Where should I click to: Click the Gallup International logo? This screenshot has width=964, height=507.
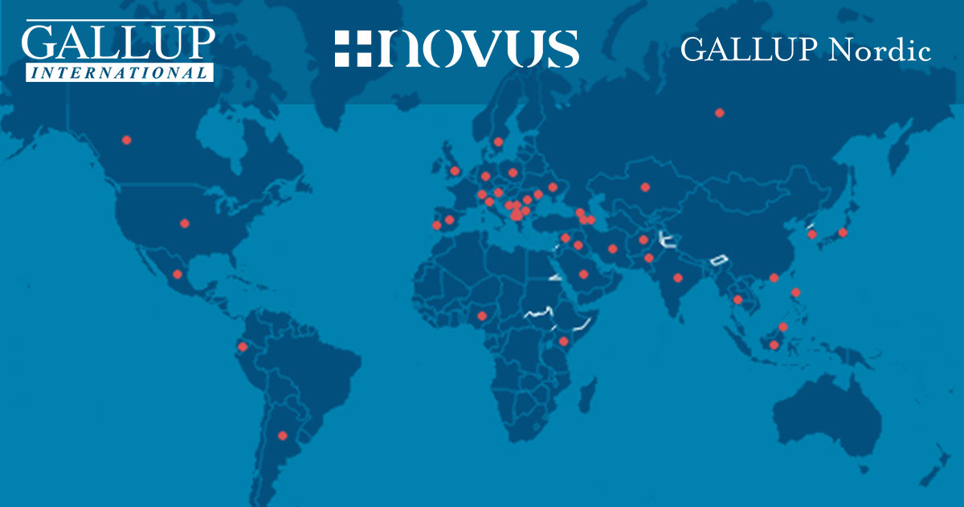(x=118, y=51)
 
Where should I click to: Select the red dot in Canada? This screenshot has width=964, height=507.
(x=126, y=140)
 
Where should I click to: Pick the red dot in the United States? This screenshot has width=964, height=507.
(x=185, y=223)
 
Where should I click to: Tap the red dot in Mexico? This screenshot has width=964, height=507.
(x=177, y=274)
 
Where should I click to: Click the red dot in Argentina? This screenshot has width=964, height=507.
(x=282, y=435)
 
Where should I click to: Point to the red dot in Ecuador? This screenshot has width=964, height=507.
(x=243, y=347)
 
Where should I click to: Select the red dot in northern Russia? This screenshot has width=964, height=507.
(x=720, y=112)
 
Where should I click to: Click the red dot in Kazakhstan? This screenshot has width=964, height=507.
(x=645, y=187)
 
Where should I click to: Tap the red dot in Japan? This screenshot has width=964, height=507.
(x=843, y=232)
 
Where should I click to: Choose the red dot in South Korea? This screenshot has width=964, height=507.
(x=812, y=234)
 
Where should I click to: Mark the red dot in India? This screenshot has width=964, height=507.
(x=678, y=277)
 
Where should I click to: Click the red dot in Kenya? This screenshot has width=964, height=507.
(x=563, y=341)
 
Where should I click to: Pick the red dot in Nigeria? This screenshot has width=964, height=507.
(x=482, y=315)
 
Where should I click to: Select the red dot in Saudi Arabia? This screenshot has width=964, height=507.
(x=584, y=274)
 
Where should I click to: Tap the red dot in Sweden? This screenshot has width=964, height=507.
(x=498, y=142)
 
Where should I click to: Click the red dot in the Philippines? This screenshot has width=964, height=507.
(x=795, y=292)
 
